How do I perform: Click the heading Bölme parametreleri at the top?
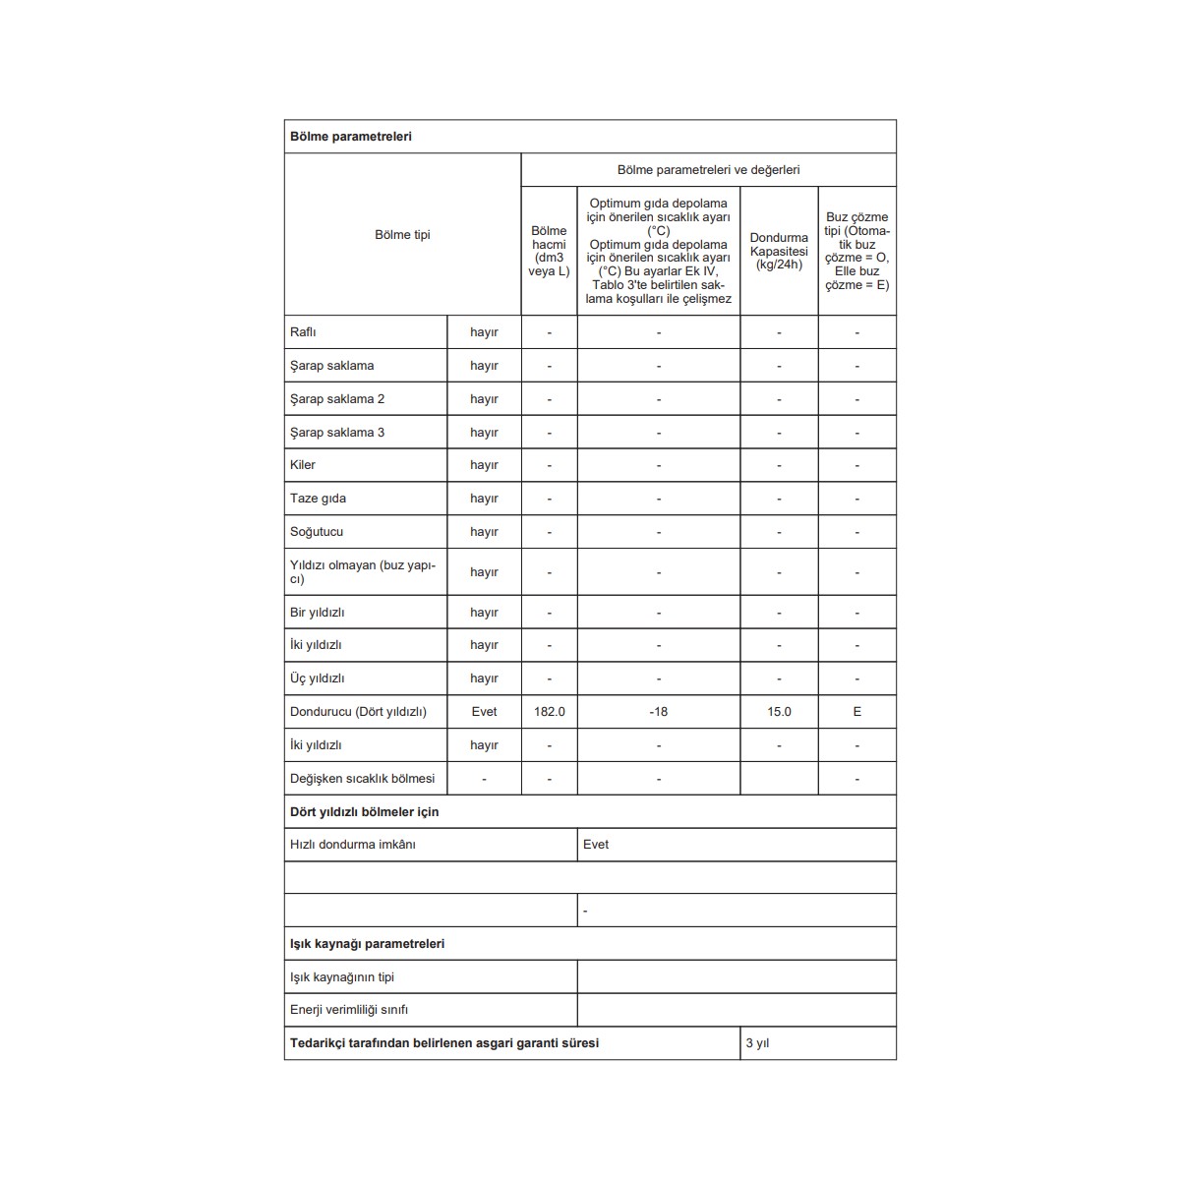(351, 137)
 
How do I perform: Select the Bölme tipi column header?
(402, 235)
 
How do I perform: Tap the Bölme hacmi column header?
(549, 251)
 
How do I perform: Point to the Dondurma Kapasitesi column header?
(779, 251)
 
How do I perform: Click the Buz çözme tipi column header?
(856, 251)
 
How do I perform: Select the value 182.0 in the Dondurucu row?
(549, 712)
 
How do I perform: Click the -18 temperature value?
(658, 712)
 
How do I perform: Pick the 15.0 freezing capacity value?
(779, 712)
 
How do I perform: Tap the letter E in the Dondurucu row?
(856, 712)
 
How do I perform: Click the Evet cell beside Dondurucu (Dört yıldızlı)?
(484, 712)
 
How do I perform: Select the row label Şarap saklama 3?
(337, 433)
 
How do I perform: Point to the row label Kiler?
(303, 465)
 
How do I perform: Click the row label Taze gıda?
(318, 499)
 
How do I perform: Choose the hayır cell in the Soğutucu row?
(484, 532)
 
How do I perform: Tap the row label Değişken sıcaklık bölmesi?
(362, 779)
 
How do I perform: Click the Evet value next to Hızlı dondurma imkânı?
(596, 845)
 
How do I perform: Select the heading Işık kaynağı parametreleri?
(367, 944)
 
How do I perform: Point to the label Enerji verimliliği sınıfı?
(349, 1010)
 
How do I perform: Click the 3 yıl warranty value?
(757, 1043)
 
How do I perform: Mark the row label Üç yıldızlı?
(317, 678)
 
